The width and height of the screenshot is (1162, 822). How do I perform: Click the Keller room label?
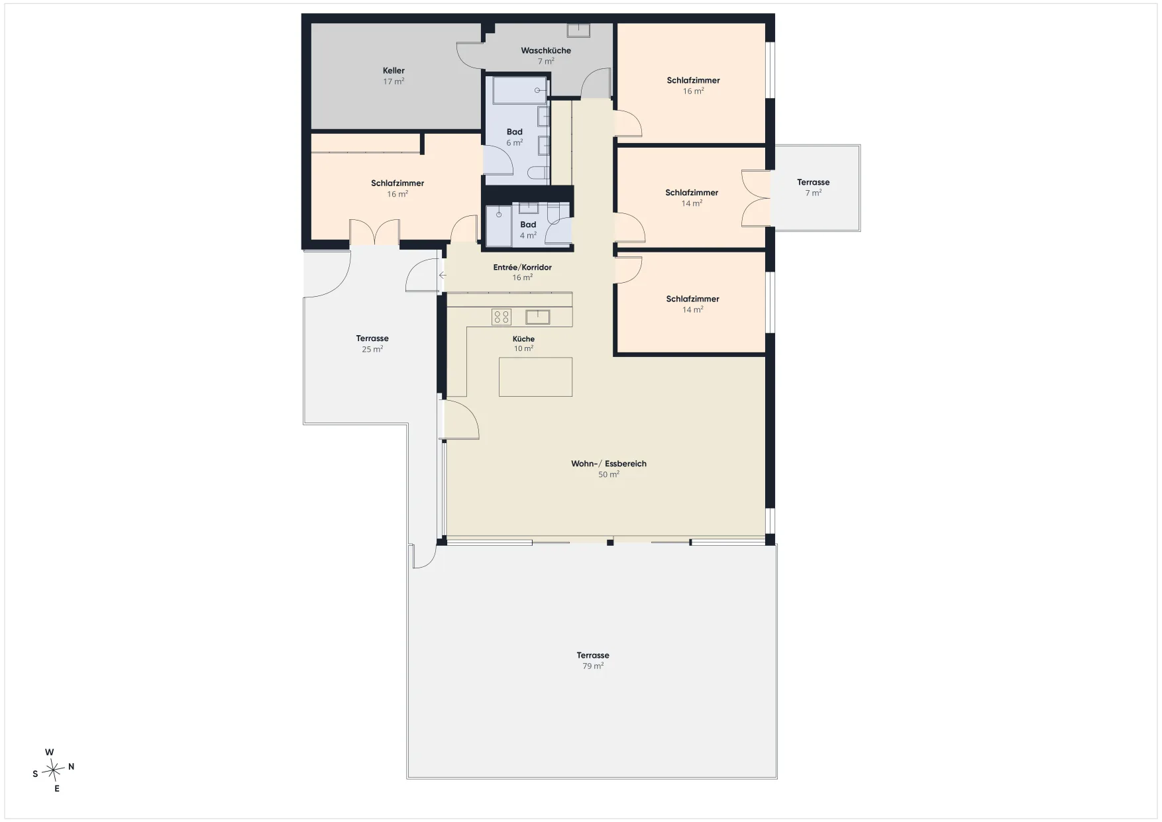pos(394,71)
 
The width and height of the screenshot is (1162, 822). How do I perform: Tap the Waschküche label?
pos(546,50)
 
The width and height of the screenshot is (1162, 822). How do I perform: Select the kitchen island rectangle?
pos(535,377)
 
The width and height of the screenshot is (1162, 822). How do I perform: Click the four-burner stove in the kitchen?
pos(502,317)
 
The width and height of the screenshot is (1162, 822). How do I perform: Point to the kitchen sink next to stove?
pos(538,317)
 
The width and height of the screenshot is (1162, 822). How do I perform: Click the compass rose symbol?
pos(53,770)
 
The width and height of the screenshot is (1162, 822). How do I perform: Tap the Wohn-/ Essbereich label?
pos(609,464)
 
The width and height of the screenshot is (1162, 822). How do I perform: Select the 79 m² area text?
pos(593,666)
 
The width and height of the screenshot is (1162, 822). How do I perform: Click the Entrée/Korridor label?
pos(522,268)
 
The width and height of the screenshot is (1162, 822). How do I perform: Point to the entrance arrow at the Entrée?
pos(443,275)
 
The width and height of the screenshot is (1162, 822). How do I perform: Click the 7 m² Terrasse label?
pos(813,182)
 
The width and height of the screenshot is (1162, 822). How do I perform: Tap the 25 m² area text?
pos(372,349)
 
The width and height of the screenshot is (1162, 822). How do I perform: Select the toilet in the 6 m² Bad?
pos(538,173)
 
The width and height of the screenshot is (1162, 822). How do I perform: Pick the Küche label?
pos(523,339)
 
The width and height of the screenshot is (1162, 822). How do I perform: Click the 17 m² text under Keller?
pos(394,81)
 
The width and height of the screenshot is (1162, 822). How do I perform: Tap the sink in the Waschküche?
pos(578,30)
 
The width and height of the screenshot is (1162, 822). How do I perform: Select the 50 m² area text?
pos(609,475)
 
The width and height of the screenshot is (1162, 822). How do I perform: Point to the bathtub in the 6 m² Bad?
pos(520,90)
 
